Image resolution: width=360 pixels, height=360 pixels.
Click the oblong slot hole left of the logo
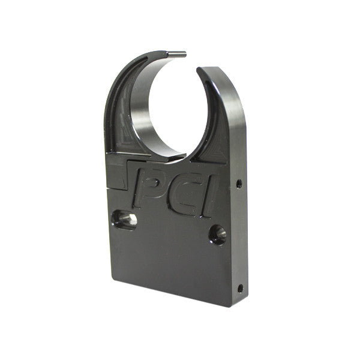point(124,220)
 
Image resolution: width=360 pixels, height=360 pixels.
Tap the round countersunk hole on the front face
point(217,234)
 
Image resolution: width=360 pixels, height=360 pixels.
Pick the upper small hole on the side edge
point(239,183)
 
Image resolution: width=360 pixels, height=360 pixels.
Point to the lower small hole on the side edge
point(240,288)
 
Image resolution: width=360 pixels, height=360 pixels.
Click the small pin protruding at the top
point(178,54)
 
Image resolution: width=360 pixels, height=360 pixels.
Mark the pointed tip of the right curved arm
point(199,70)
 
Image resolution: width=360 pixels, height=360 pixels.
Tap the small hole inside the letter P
point(151,180)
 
